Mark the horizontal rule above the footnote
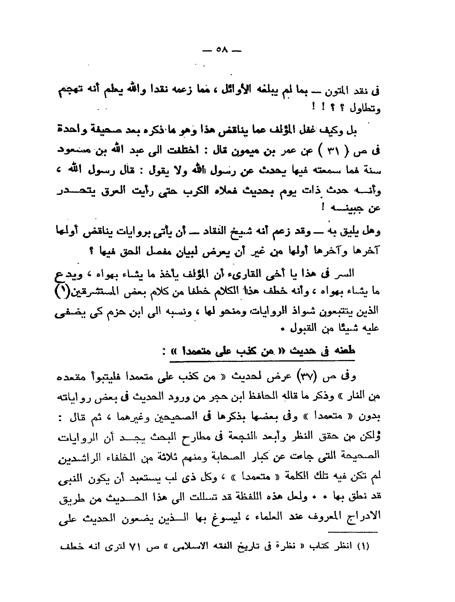point(353,532)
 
